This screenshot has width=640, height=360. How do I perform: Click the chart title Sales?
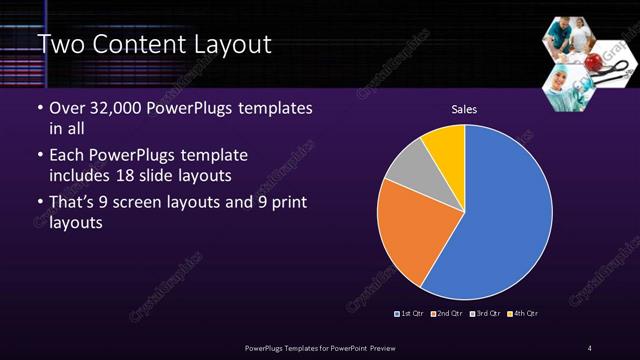[464, 109]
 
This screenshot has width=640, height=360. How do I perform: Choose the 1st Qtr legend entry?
[410, 314]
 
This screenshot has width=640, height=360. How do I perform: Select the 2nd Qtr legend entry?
[446, 314]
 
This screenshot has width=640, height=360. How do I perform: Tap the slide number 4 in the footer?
[590, 347]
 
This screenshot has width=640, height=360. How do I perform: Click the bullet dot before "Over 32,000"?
[39, 108]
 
